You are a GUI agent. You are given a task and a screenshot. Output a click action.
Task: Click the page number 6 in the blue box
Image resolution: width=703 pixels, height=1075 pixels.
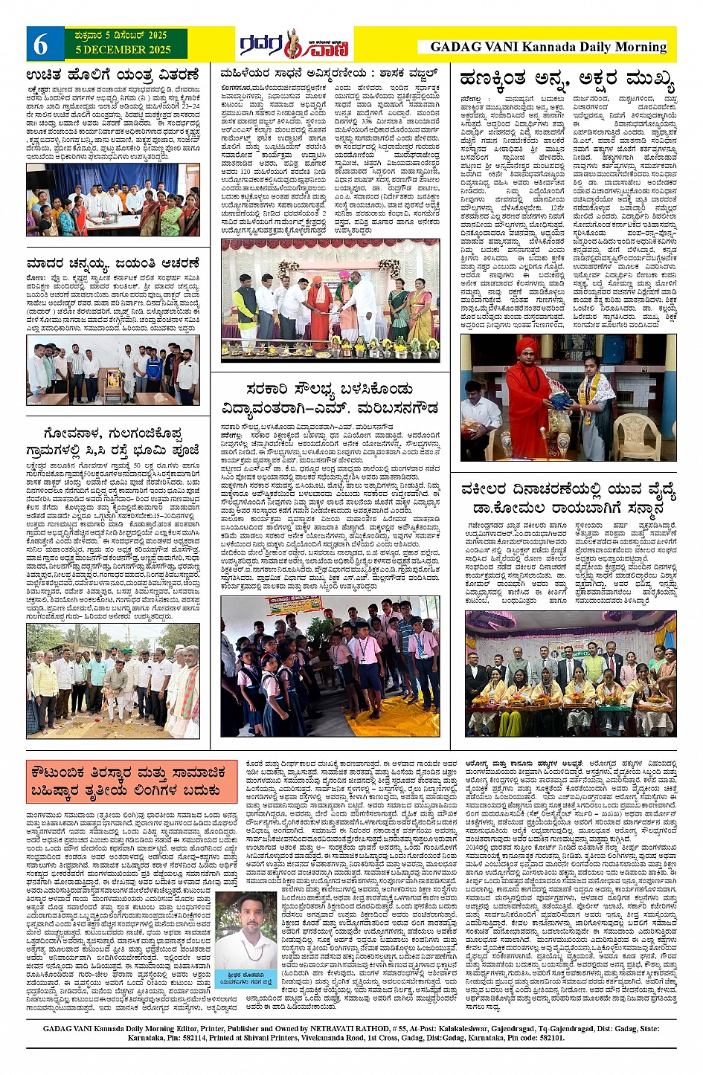click(x=40, y=45)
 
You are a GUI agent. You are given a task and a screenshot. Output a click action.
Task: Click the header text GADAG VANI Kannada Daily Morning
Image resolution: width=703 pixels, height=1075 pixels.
click(x=548, y=47)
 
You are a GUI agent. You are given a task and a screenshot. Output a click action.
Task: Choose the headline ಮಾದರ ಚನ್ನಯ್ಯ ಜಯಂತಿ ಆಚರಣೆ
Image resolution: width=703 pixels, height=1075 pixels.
click(x=113, y=263)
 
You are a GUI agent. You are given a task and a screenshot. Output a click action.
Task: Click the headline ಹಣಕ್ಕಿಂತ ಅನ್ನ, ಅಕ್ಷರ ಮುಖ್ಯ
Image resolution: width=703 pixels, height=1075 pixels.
click(x=568, y=79)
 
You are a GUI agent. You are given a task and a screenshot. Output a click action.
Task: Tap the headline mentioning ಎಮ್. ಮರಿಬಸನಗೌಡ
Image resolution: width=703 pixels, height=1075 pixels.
click(x=330, y=399)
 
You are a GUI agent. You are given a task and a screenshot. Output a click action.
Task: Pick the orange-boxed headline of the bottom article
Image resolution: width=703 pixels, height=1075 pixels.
click(x=128, y=783)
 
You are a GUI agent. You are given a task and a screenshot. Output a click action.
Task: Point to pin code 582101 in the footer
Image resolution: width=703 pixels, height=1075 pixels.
click(x=550, y=1037)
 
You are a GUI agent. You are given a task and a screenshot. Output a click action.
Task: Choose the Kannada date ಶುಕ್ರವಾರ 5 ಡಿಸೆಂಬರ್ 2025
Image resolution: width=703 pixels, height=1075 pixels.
click(x=123, y=36)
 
